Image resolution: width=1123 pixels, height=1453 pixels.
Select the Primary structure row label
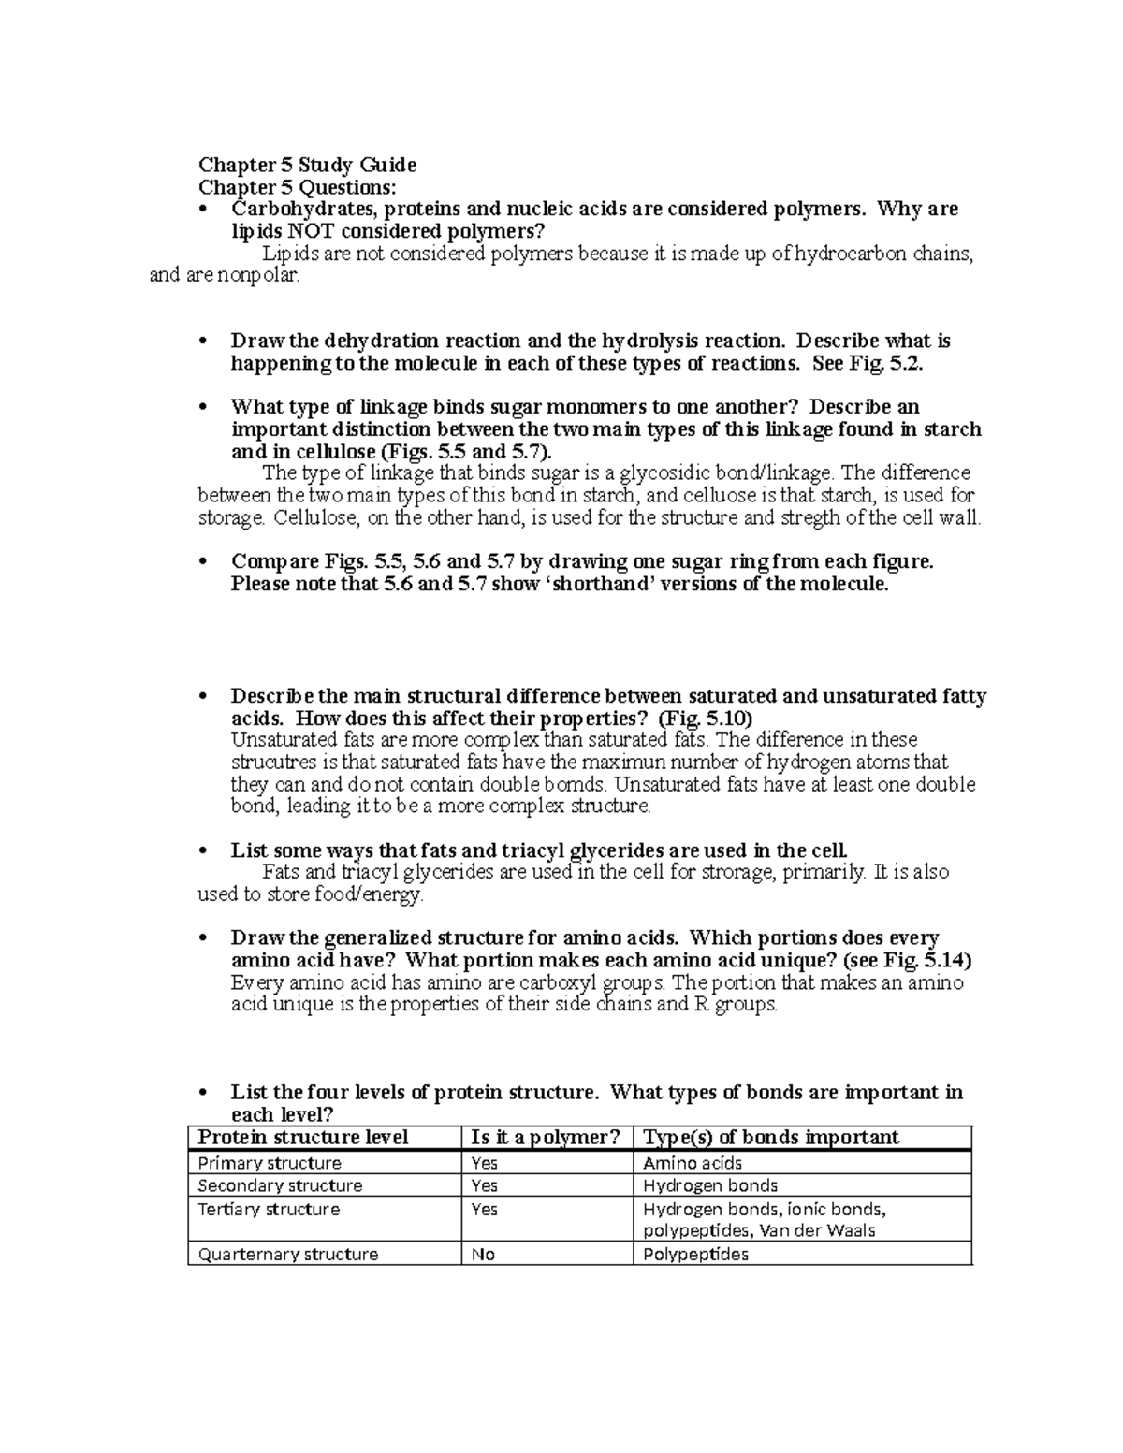(x=270, y=1163)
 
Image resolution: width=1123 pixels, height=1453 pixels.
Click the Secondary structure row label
(x=280, y=1185)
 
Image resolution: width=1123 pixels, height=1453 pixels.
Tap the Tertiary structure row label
(x=269, y=1209)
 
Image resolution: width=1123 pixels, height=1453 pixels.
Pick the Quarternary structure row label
(x=287, y=1254)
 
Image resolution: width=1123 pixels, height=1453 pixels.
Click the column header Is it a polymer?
(x=546, y=1137)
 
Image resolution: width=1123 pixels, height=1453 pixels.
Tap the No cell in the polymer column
(x=483, y=1254)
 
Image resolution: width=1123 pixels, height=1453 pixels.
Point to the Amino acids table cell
(x=693, y=1163)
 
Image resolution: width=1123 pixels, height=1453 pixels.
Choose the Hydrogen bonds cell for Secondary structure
(x=710, y=1185)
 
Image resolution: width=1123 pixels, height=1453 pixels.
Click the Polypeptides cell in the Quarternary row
(x=695, y=1254)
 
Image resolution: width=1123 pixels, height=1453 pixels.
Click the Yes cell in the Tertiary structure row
(x=485, y=1209)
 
